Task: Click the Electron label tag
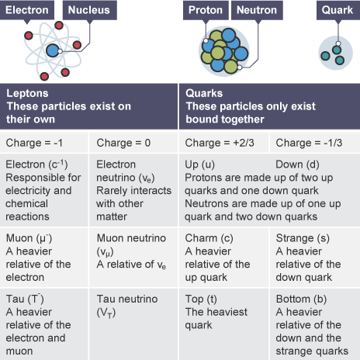27,10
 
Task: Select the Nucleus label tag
90,10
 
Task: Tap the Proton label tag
206,10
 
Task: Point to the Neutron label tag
257,10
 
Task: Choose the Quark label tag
337,10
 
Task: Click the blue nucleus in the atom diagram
53,50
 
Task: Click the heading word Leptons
27,93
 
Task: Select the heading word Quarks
204,93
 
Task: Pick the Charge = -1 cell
44,143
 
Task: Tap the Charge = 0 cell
133,143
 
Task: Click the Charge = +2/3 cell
224,143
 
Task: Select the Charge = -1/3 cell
315,143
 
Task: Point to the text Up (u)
199,164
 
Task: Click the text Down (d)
297,164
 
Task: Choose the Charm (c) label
209,238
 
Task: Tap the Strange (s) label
303,238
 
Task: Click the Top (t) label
201,299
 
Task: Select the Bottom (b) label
301,299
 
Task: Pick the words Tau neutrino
127,299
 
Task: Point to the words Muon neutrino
131,238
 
